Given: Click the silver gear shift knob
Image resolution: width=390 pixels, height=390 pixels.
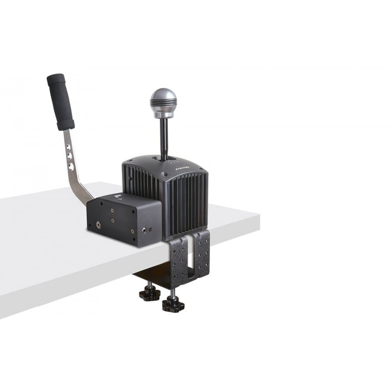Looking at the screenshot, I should click(x=163, y=102).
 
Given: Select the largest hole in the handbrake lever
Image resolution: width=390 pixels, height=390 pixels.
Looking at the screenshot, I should click(x=70, y=166).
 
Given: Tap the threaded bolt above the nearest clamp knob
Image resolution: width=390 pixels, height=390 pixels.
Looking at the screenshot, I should click(x=172, y=294).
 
